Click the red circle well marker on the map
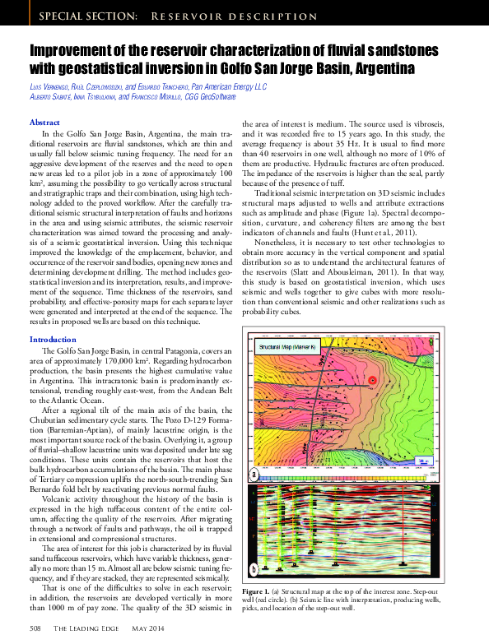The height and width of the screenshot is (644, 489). tap(371, 380)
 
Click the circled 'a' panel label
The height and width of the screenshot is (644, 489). tap(255, 475)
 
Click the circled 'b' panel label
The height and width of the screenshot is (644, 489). tap(255, 568)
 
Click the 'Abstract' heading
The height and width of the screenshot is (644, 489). tap(44, 122)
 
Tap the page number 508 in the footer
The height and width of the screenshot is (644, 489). tap(35, 628)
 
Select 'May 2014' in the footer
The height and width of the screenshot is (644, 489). tap(148, 628)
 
